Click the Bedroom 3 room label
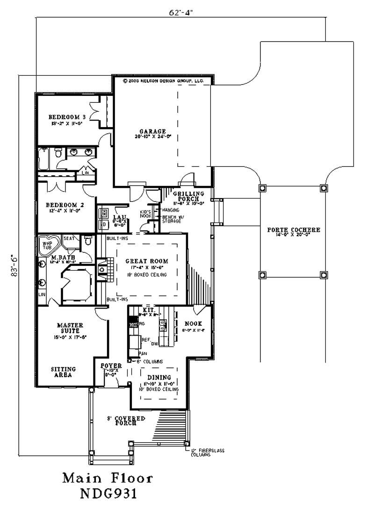pyautogui.click(x=67, y=117)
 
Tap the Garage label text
pyautogui.click(x=152, y=131)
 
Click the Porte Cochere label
pyautogui.click(x=294, y=230)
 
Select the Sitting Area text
pyautogui.click(x=63, y=372)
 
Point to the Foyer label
pyautogui.click(x=111, y=366)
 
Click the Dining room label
pyautogui.click(x=159, y=377)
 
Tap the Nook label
pyautogui.click(x=192, y=323)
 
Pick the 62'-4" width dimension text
pyautogui.click(x=181, y=13)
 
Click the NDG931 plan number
pyautogui.click(x=108, y=494)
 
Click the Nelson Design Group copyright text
pyautogui.click(x=163, y=80)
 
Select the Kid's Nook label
pyautogui.click(x=145, y=214)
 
